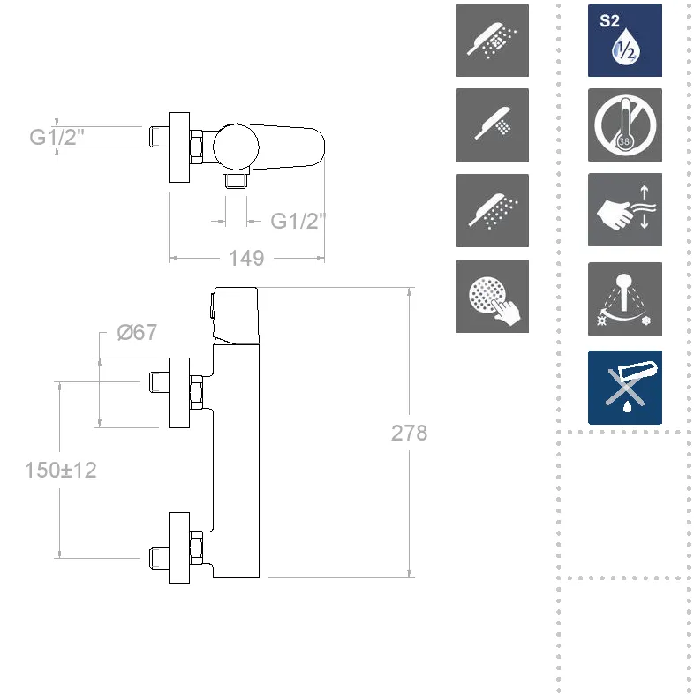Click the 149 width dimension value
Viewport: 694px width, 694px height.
pos(246,258)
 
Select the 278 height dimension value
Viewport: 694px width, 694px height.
pos(410,433)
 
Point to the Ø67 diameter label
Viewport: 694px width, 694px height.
pos(138,333)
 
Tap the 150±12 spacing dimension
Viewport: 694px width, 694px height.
pos(61,470)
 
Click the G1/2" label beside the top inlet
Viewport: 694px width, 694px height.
pos(58,137)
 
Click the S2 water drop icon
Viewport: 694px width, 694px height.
pos(624,40)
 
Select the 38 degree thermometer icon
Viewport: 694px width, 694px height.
pos(624,124)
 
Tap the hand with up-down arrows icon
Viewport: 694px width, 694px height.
pos(624,209)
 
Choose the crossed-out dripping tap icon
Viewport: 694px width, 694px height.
pos(624,387)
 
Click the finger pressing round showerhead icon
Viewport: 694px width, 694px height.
pos(492,296)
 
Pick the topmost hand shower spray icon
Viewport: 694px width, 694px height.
pos(492,40)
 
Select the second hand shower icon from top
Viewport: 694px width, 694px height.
pos(492,124)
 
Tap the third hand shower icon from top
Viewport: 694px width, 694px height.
pos(492,209)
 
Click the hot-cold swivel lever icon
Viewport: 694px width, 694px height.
pos(624,298)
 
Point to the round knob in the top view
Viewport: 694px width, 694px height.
pos(237,146)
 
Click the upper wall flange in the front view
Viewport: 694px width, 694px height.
pos(179,392)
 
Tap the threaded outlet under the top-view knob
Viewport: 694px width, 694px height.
pos(234,180)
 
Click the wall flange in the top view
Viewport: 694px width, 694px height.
pos(179,147)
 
